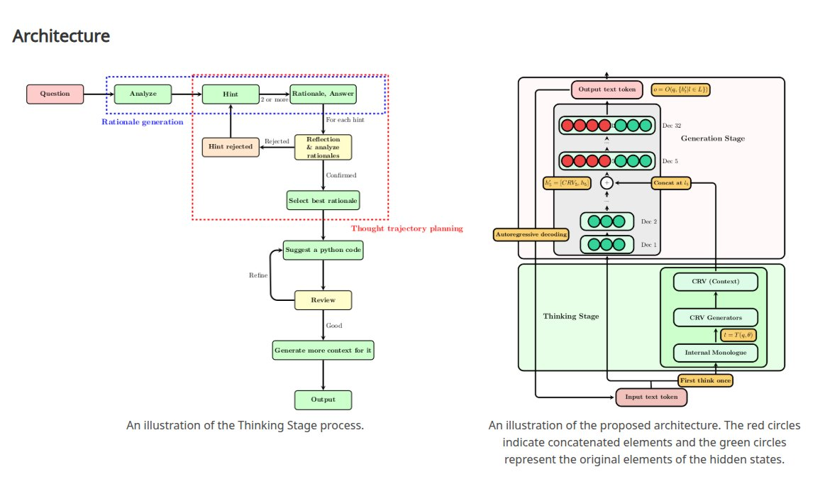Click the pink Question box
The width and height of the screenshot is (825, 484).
55,94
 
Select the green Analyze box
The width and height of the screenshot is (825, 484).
143,94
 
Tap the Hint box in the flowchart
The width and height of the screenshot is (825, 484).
231,94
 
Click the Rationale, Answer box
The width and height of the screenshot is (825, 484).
323,94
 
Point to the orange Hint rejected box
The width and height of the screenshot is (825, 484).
231,147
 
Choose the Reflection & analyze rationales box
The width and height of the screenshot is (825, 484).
323,147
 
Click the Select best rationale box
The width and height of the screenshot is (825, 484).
323,200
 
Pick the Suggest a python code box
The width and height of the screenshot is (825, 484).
323,250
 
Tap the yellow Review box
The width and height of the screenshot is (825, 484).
323,300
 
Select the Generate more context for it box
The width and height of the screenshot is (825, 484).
323,351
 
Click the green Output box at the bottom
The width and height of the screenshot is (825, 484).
323,400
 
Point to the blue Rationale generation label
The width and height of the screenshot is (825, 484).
142,122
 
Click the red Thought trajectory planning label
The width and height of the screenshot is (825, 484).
406,229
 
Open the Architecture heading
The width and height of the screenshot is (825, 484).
61,35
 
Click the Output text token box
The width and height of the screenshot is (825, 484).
607,89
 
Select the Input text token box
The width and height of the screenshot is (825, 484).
651,397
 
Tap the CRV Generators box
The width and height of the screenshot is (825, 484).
715,317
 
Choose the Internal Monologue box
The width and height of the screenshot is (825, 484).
715,353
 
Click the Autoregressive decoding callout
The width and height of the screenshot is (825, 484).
531,233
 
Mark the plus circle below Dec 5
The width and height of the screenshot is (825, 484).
607,182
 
